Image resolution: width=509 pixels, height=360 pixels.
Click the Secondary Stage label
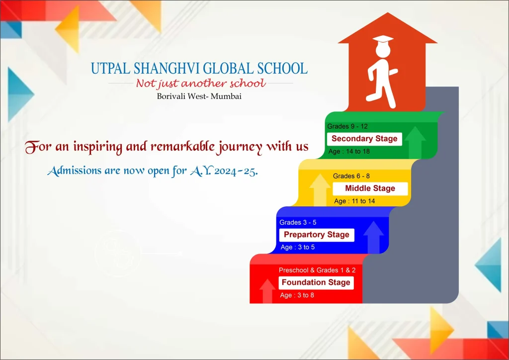(364, 139)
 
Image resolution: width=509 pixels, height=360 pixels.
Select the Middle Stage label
(370, 188)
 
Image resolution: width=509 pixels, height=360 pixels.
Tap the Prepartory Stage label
(317, 235)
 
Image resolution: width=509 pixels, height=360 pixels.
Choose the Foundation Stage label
(316, 282)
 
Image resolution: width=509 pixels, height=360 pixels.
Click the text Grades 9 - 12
(347, 126)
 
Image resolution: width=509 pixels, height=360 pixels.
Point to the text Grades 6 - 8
(351, 176)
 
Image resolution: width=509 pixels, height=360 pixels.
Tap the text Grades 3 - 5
(298, 222)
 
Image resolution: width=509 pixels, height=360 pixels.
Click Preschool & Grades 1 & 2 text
(317, 270)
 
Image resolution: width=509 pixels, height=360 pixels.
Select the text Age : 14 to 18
(349, 151)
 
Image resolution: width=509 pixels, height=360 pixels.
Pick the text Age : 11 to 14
(354, 201)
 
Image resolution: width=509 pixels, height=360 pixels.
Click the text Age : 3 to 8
(297, 295)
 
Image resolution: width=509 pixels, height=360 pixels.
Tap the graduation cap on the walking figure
(383, 39)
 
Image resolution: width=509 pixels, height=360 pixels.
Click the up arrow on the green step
(415, 142)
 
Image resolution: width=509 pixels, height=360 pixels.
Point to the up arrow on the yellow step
(320, 189)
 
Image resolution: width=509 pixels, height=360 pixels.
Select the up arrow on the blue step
(373, 237)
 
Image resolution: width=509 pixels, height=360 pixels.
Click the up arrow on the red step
(267, 291)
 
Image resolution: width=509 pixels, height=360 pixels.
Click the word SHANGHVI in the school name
(167, 69)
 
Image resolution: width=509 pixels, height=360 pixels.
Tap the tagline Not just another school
(201, 84)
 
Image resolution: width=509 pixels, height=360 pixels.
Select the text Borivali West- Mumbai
(199, 96)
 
